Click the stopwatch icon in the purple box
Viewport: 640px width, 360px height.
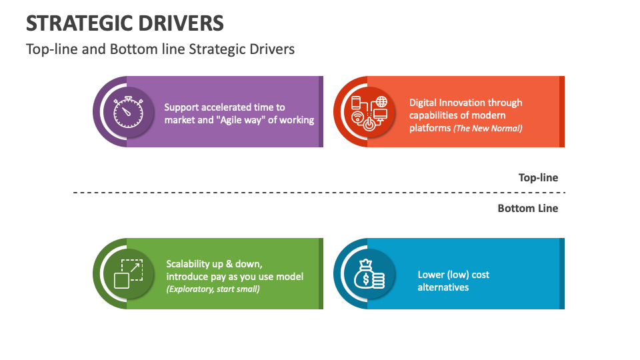(127, 112)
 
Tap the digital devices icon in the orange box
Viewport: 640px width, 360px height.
(369, 112)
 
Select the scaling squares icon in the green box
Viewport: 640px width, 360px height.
(127, 273)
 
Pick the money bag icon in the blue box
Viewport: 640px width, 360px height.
(369, 273)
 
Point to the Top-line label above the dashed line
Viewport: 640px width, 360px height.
(538, 178)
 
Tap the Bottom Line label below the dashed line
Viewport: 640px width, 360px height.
(527, 208)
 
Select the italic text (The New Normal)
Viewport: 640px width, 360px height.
(488, 129)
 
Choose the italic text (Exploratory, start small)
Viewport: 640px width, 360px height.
(213, 289)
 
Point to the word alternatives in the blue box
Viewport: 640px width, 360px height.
(443, 287)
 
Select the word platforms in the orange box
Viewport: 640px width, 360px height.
(430, 128)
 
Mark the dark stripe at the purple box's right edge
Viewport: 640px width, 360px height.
(321, 111)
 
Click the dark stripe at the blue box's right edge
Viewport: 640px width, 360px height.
(562, 273)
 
